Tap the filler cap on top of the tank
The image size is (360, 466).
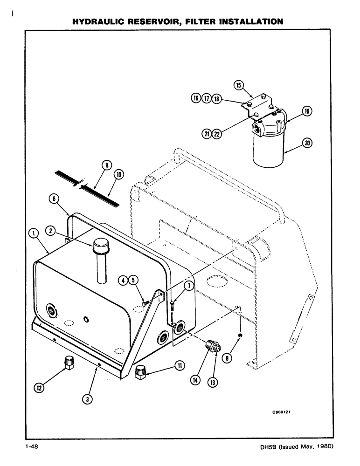[x=101, y=245]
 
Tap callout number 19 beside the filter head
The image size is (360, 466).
[x=306, y=111]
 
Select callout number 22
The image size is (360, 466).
[x=216, y=133]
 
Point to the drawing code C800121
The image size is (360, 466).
[x=284, y=411]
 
